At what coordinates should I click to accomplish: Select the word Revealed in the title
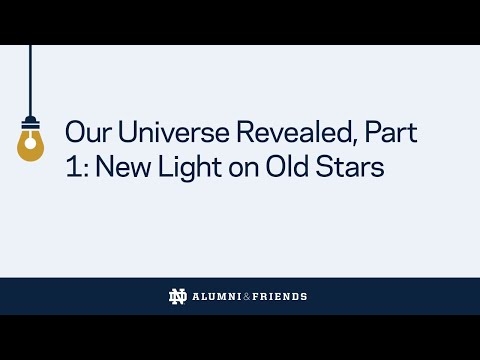276,132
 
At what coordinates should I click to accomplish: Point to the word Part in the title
390,132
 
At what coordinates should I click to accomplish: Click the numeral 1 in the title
69,168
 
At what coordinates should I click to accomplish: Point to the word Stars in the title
351,168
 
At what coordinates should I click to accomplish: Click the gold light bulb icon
31,145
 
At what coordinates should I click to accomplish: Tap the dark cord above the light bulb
31,80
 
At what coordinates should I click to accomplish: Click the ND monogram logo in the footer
178,296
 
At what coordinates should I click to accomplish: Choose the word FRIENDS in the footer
280,297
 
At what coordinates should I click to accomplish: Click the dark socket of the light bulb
31,125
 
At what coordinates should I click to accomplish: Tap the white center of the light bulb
31,148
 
